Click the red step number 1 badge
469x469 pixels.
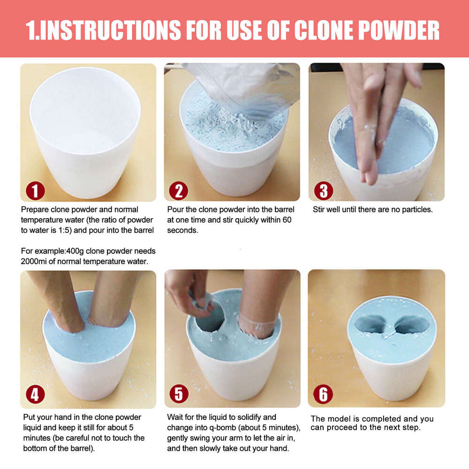pyautogui.click(x=35, y=191)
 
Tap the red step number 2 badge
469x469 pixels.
pyautogui.click(x=179, y=191)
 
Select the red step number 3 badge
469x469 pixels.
pyautogui.click(x=324, y=191)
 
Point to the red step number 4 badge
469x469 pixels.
pyautogui.click(x=35, y=394)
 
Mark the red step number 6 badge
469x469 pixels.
pyautogui.click(x=323, y=394)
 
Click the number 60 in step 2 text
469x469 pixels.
pyautogui.click(x=287, y=220)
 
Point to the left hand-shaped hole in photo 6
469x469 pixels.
pyautogui.click(x=371, y=324)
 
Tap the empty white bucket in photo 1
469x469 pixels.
pyautogui.click(x=85, y=132)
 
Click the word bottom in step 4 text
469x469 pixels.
pyautogui.click(x=35, y=449)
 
